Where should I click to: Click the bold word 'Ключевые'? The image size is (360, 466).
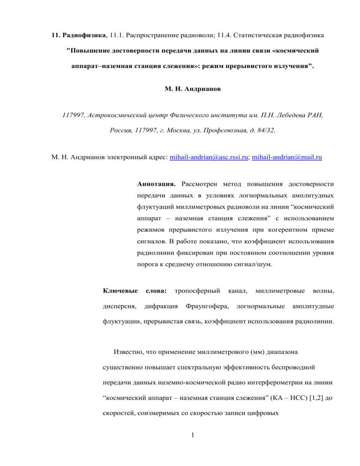coord(119,292)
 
